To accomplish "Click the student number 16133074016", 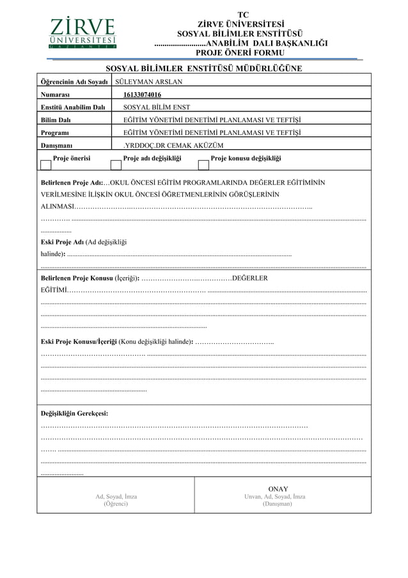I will pyautogui.click(x=142, y=95).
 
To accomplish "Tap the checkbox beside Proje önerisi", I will pyautogui.click(x=45, y=165).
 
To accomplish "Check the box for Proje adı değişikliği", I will pyautogui.click(x=116, y=165).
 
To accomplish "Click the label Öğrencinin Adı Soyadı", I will pyautogui.click(x=74, y=82).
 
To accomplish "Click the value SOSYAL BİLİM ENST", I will pyautogui.click(x=156, y=108).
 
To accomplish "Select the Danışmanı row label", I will pyautogui.click(x=57, y=145).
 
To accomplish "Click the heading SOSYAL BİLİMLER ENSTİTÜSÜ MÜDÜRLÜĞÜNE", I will pyautogui.click(x=203, y=68).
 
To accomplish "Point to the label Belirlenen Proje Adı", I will pyautogui.click(x=71, y=182).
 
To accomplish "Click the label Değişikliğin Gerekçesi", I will pyautogui.click(x=74, y=413).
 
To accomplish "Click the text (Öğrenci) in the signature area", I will pyautogui.click(x=116, y=504).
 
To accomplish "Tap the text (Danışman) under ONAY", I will pyautogui.click(x=277, y=504).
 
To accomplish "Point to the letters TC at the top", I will pyautogui.click(x=242, y=15).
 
